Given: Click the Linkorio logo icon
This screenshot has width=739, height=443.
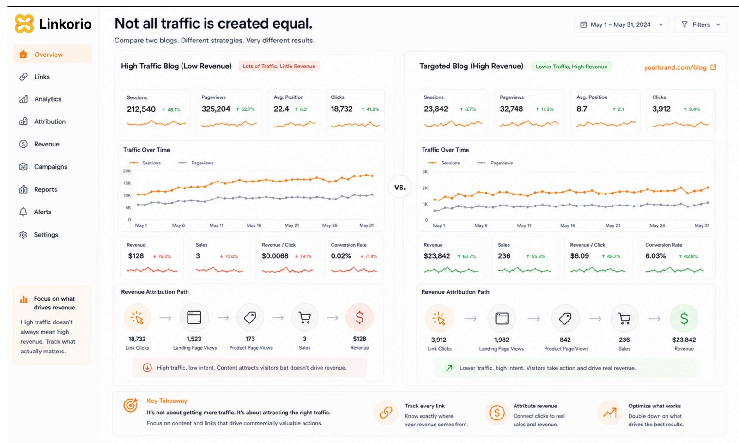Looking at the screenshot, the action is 24,24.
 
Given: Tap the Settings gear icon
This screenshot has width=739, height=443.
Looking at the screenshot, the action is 23,235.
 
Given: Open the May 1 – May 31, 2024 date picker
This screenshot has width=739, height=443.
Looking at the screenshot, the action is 621,24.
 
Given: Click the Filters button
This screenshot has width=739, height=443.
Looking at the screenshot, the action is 700,24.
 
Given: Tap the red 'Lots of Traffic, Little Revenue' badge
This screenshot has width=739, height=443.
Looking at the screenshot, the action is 279,66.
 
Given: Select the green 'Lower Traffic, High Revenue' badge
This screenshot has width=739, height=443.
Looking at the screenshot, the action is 571,67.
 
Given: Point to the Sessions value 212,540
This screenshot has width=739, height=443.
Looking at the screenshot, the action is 141,109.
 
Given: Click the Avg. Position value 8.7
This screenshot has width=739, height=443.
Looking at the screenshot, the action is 582,109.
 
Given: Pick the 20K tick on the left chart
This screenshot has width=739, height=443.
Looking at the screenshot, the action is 127,171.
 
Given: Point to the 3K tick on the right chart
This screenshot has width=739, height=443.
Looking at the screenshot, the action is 425,171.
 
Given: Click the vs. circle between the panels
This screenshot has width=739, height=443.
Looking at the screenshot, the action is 400,187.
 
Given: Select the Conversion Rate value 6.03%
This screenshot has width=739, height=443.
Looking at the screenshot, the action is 655,256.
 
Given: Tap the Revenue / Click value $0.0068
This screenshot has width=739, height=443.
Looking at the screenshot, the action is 275,256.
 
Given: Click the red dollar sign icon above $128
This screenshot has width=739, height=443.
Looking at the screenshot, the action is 360,317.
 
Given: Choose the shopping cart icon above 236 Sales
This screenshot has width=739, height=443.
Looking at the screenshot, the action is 624,318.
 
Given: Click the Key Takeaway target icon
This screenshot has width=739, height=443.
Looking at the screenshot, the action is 131,405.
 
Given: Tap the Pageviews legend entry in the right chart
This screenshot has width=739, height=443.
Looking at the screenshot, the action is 495,163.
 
